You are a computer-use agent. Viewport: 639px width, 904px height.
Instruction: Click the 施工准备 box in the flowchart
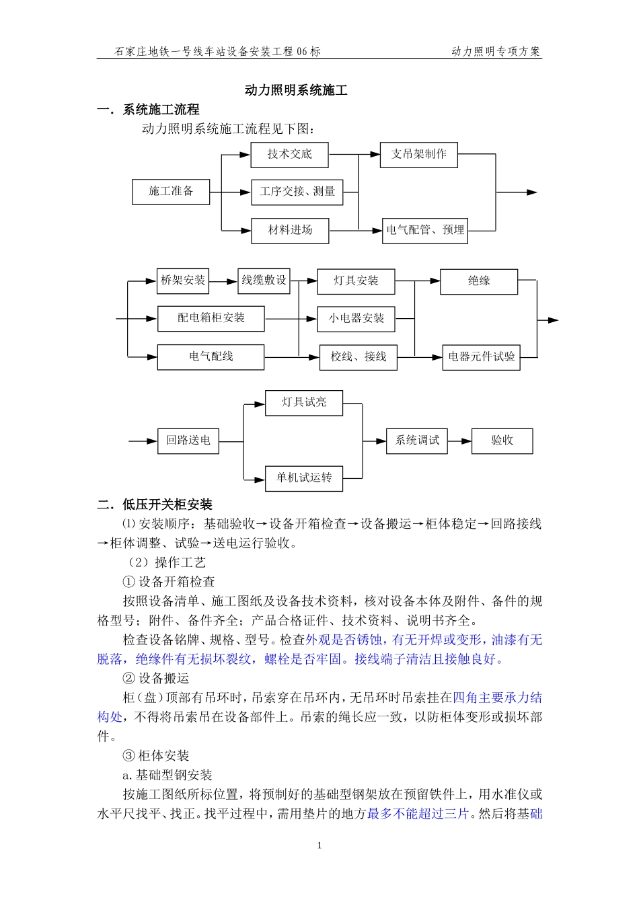tap(171, 192)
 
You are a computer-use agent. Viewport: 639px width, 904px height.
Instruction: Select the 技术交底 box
tap(289, 155)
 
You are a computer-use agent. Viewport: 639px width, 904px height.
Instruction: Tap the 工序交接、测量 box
tap(297, 192)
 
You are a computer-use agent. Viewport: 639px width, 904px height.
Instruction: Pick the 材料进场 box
tap(290, 230)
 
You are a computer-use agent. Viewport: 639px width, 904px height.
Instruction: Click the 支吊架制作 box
tap(418, 155)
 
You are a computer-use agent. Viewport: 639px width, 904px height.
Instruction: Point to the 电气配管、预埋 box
tap(424, 230)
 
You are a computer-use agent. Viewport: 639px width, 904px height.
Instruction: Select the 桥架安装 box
tap(183, 281)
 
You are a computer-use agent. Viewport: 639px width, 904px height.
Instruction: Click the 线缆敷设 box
tap(264, 281)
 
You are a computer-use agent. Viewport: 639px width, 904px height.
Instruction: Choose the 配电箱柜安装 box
tap(211, 318)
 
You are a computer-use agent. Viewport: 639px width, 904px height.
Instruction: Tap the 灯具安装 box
tap(356, 281)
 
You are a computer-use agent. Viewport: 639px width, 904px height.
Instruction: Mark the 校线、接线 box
tap(358, 357)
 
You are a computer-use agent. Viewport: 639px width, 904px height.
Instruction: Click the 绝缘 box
tap(479, 281)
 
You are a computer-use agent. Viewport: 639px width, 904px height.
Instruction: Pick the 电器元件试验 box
tap(482, 357)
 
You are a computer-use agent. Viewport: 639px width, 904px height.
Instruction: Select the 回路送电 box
tap(188, 441)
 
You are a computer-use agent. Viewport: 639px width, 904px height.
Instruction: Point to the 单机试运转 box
tap(303, 478)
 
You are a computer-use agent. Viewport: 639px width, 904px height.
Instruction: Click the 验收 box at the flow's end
tap(502, 441)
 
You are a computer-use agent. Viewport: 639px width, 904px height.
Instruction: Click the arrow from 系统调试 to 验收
tap(459, 441)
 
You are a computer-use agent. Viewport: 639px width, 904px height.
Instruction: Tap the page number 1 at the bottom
tap(319, 845)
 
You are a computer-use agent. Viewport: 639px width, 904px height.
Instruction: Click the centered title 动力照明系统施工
tap(296, 90)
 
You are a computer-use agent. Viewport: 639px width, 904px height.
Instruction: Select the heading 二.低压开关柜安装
tap(155, 504)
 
